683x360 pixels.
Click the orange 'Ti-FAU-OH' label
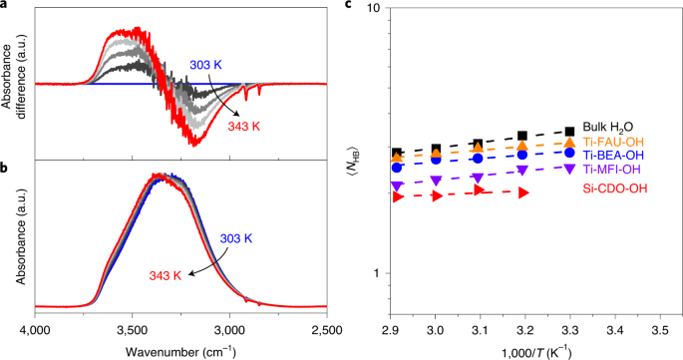614,141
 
